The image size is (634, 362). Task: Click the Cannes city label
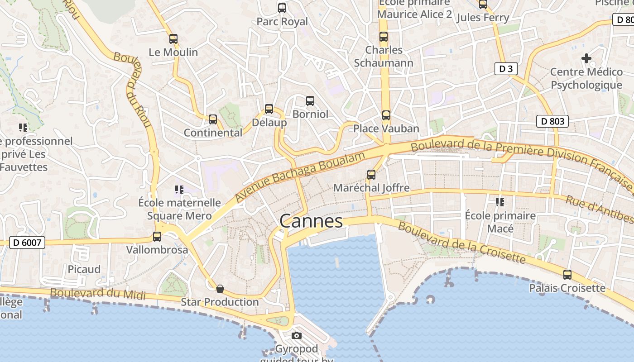[311, 221]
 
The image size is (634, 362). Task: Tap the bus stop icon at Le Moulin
[173, 39]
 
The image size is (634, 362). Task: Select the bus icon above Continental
[213, 119]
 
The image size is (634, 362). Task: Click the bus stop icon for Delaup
[269, 109]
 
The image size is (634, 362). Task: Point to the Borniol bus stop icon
[310, 101]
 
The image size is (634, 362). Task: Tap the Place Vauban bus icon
[386, 115]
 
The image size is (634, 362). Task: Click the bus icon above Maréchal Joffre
[371, 175]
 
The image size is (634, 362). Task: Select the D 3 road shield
[505, 69]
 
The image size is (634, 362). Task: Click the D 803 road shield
[552, 121]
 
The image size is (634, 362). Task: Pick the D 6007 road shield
[27, 243]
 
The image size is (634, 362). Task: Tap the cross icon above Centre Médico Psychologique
[586, 58]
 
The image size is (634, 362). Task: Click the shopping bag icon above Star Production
[220, 289]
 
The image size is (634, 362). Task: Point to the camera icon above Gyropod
[297, 336]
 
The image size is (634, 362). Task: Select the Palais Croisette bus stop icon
[567, 275]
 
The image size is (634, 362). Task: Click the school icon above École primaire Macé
[500, 202]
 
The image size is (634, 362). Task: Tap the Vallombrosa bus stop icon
[157, 236]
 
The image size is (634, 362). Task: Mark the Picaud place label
[84, 269]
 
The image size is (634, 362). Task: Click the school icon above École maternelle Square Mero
[179, 189]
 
